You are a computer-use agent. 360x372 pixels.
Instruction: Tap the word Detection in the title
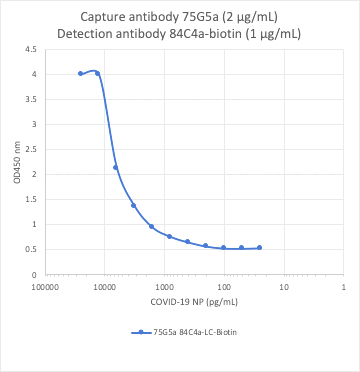(92, 34)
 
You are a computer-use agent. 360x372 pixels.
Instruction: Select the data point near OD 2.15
(116, 167)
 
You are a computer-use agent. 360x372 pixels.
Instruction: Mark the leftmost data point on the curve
(80, 73)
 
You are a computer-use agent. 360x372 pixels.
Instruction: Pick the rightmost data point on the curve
(259, 247)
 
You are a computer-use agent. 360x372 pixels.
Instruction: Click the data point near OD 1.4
(133, 205)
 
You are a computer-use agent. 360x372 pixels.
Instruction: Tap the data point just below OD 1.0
(151, 226)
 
